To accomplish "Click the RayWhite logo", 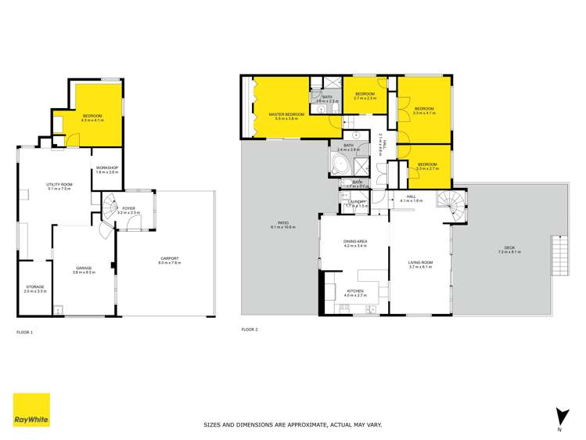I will (x=31, y=409).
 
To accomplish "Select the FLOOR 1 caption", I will (x=25, y=333).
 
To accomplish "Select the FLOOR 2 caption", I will (x=250, y=329).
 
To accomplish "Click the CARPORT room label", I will (x=169, y=259).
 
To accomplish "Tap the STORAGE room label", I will (x=35, y=288).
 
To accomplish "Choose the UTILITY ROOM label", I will (x=59, y=186).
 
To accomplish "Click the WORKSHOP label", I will (x=106, y=168).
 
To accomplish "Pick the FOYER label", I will (x=129, y=209).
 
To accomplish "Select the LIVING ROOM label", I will (x=420, y=264).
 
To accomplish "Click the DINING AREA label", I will (x=355, y=242).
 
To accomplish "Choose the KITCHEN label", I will (x=356, y=292).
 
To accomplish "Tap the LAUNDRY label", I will (x=356, y=203).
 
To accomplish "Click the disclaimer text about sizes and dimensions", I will (x=293, y=424).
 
